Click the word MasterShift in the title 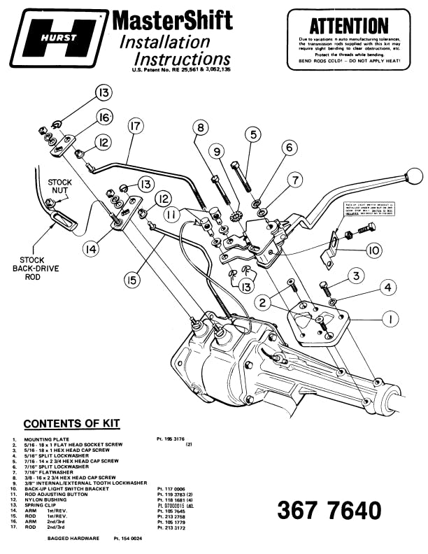click(x=172, y=20)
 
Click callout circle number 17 click(x=136, y=127)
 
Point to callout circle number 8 click(x=201, y=128)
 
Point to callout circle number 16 click(x=104, y=117)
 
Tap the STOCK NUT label click(x=60, y=187)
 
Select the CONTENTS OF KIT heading click(x=71, y=424)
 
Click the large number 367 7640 click(x=329, y=510)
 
